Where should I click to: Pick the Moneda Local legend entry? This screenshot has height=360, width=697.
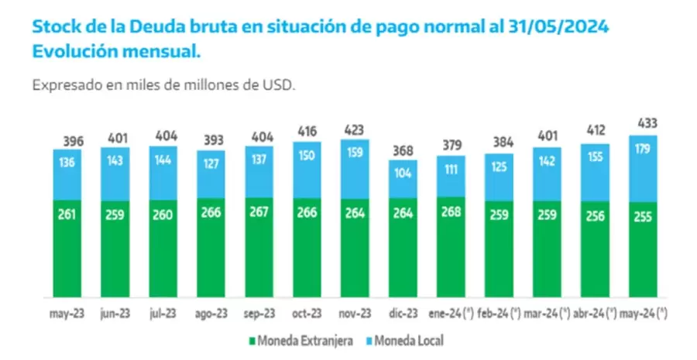coord(407,340)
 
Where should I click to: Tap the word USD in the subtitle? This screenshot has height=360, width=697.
coord(280,85)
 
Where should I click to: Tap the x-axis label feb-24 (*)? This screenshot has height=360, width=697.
coord(497,314)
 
